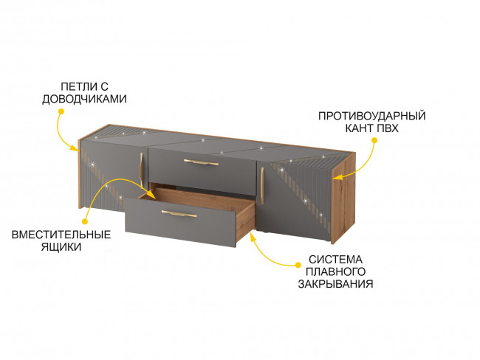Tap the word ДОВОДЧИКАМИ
point(84,99)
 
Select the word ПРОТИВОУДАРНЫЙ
point(372,116)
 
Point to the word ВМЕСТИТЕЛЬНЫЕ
point(61,235)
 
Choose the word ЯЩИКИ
point(61,247)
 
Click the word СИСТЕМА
point(335,260)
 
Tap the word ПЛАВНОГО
point(335,271)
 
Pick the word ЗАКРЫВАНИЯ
point(335,284)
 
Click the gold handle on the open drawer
point(179,213)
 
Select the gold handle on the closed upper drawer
point(201,162)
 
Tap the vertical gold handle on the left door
point(142,170)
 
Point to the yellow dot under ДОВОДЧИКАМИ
point(61,111)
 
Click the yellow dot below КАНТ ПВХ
point(374,140)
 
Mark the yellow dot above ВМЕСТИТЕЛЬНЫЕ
point(85,221)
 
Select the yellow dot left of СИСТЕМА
point(298,264)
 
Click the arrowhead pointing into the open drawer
point(152,195)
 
